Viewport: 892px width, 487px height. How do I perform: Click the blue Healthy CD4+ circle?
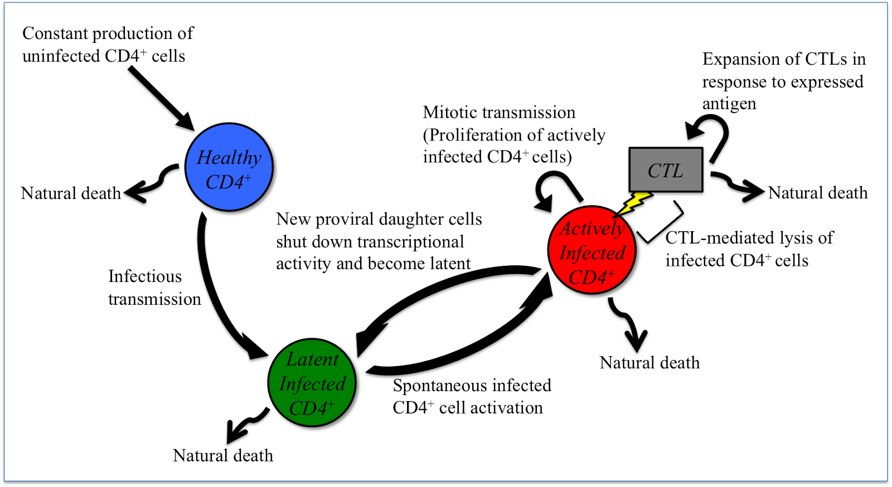point(229,167)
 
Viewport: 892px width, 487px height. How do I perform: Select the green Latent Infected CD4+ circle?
point(312,383)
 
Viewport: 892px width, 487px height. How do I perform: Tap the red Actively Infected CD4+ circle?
point(592,251)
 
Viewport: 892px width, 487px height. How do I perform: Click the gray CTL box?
point(666,170)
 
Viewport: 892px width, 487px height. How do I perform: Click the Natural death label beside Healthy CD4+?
point(71,193)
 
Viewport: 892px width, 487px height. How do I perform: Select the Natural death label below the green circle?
point(223,456)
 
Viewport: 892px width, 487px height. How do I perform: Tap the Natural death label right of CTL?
point(818,193)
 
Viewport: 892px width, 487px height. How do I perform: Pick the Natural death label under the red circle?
point(649,363)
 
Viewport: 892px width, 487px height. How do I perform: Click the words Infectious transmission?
point(154,288)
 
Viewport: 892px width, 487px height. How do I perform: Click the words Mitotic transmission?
point(499,113)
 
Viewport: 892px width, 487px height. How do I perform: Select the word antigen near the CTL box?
point(729,104)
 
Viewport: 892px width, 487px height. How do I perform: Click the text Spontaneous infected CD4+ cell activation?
point(471,397)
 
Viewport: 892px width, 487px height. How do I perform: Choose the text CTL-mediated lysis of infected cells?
point(749,249)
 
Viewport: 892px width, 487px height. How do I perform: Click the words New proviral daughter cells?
point(379,219)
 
